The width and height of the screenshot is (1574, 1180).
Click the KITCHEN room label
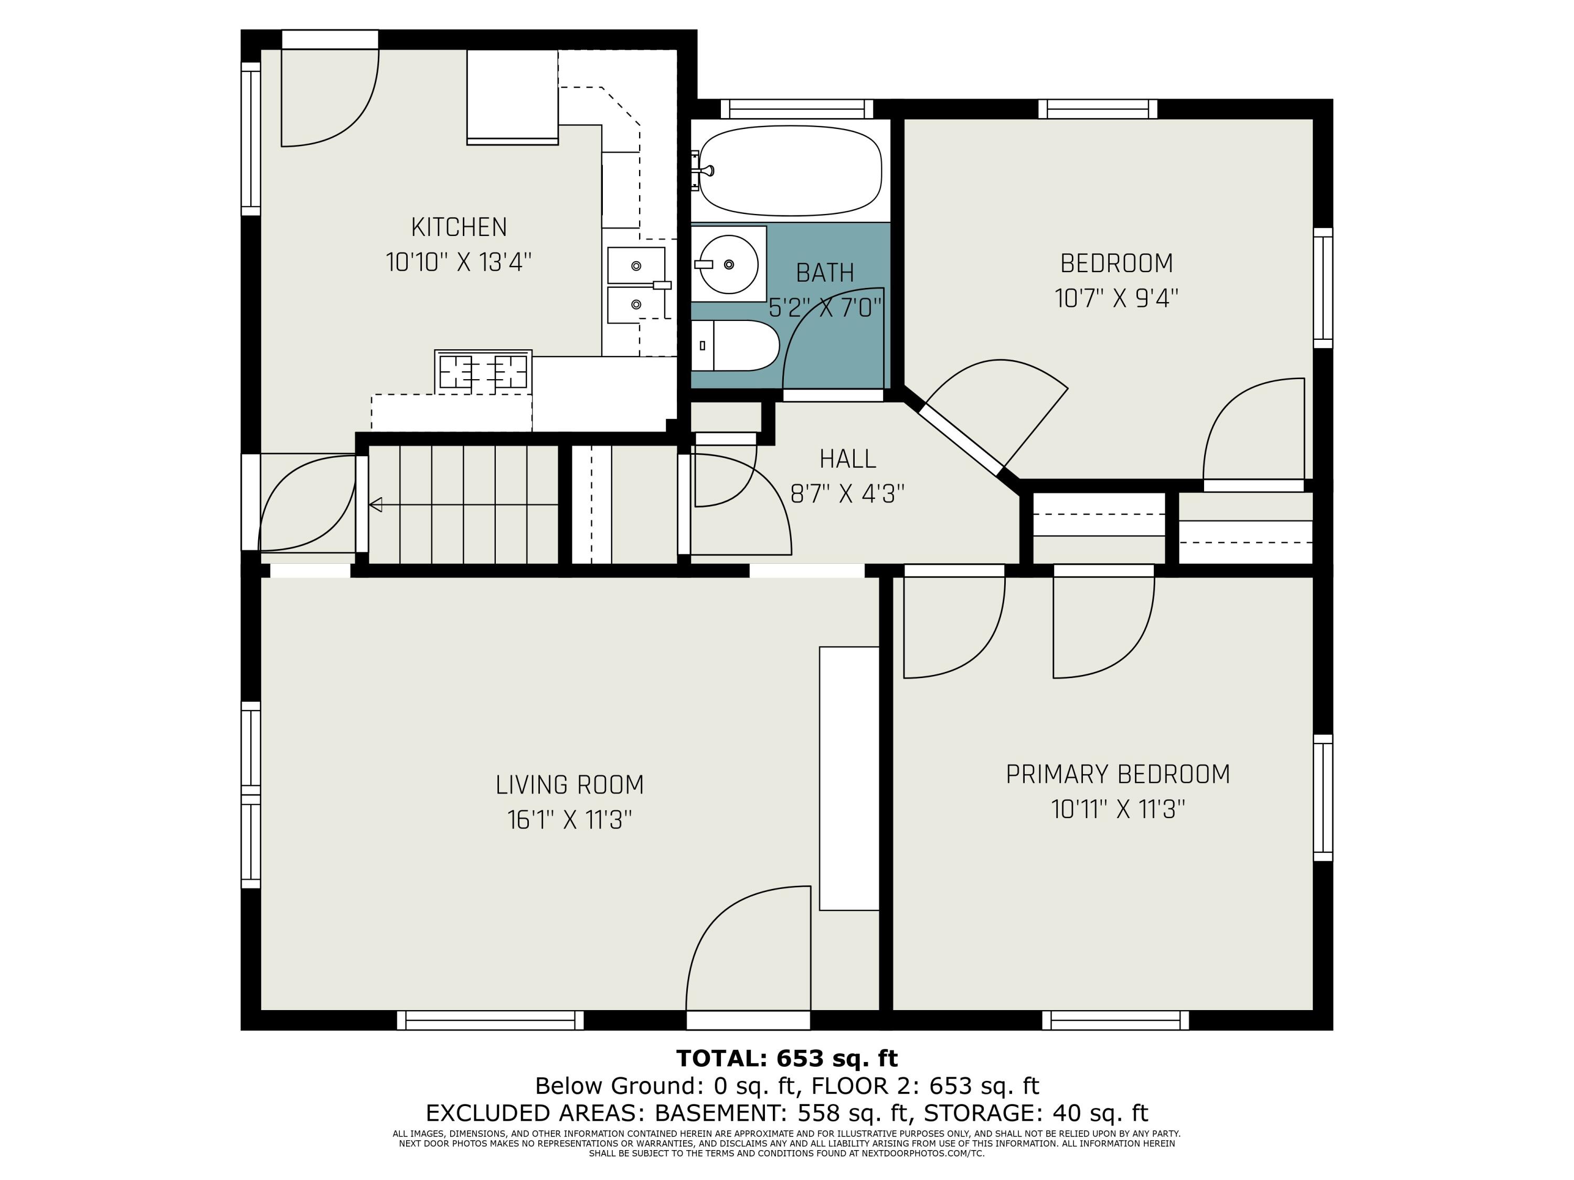click(x=459, y=228)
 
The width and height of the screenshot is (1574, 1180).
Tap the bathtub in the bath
click(x=790, y=170)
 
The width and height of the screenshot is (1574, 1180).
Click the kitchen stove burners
click(x=483, y=371)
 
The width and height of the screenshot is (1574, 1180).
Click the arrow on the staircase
click(x=376, y=505)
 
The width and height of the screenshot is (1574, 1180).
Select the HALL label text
click(x=847, y=459)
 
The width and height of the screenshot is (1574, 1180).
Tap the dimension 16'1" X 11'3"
click(x=569, y=820)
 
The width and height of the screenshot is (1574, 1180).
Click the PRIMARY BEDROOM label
click(x=1117, y=774)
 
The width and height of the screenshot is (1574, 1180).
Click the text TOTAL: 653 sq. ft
click(x=786, y=1058)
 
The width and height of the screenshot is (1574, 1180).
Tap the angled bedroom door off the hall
click(x=996, y=413)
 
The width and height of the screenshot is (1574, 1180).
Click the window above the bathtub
click(x=796, y=109)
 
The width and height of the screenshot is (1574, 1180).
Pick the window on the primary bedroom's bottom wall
click(x=1115, y=1020)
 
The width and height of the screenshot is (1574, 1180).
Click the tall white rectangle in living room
click(x=849, y=778)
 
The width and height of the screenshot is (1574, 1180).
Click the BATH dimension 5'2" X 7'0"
click(x=825, y=308)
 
